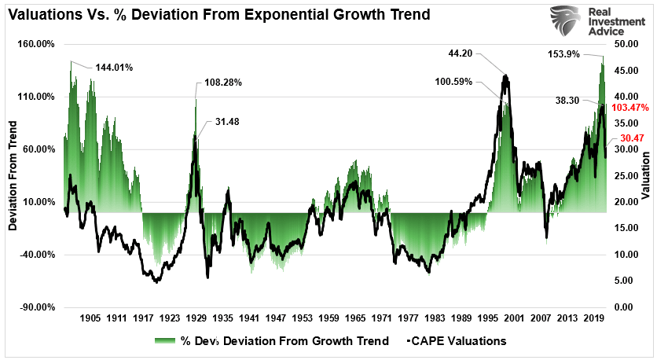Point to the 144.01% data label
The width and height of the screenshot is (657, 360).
pos(114,68)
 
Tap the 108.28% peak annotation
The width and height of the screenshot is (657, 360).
pos(223,82)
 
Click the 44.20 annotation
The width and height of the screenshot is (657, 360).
pos(460,54)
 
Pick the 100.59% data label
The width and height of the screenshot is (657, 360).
pos(455,82)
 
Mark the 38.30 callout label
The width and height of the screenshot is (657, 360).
pos(567,101)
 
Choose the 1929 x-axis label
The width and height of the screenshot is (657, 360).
pos(196,319)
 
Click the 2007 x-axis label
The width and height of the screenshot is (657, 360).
pos(541,319)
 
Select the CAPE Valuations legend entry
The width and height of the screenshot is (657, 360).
pos(457,341)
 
